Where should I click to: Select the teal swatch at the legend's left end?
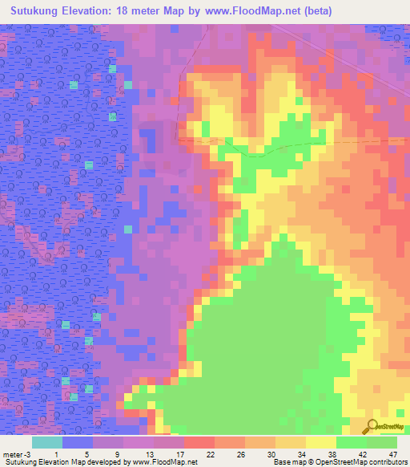(x=47, y=443)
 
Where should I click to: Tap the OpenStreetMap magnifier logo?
(x=371, y=427)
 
